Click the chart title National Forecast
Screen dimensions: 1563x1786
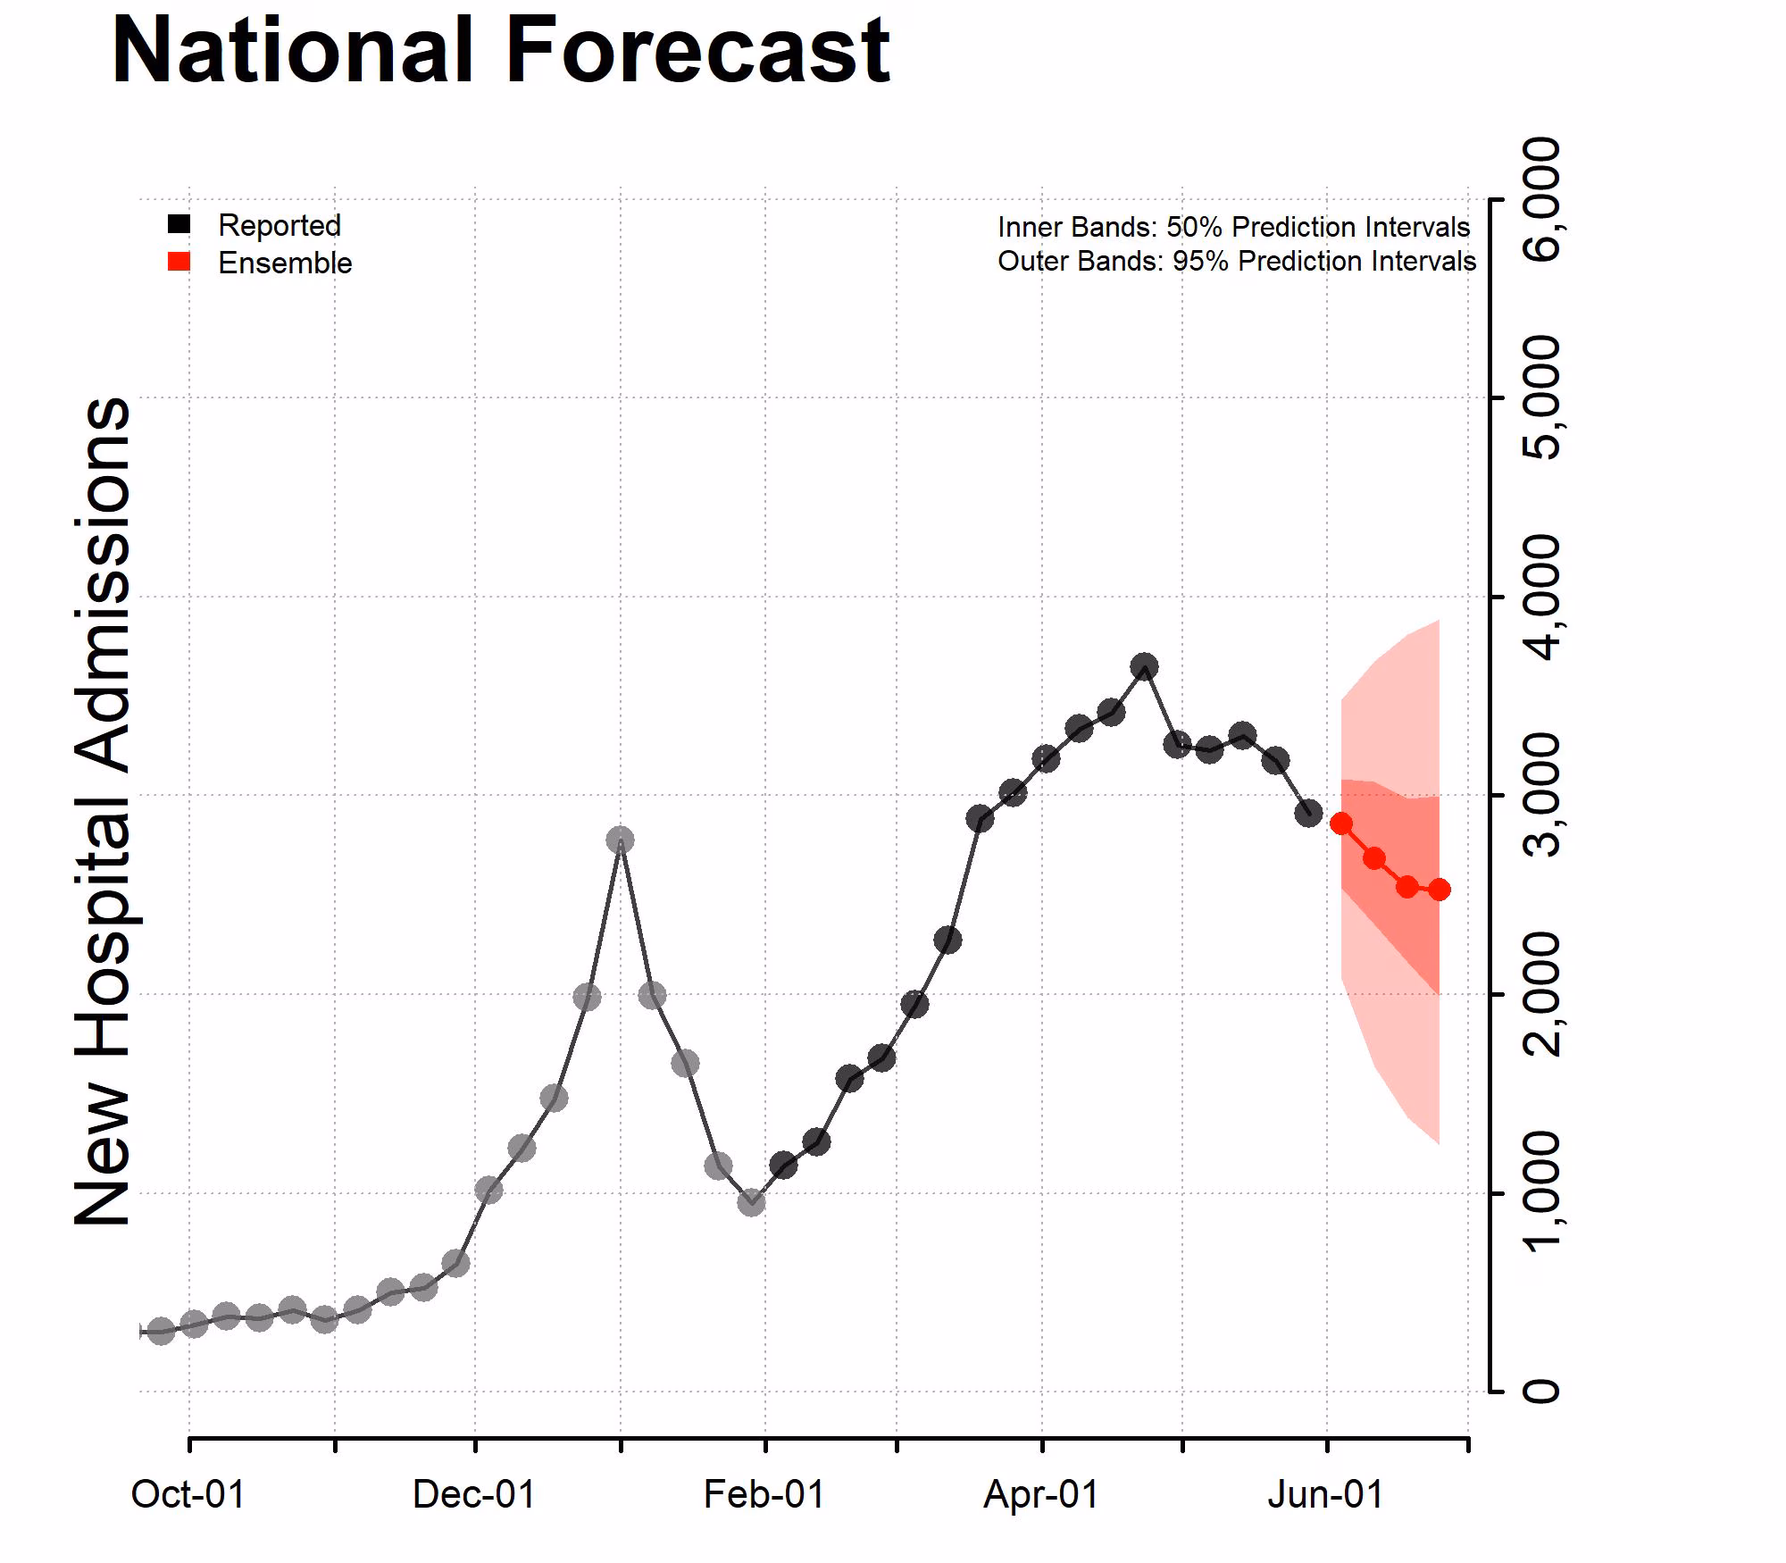coord(500,52)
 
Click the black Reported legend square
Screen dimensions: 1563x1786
coord(179,224)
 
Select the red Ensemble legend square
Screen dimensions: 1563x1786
coord(179,262)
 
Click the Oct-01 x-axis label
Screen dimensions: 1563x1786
coord(188,1494)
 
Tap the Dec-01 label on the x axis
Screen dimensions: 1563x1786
coord(473,1494)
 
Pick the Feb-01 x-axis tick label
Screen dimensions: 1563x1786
coord(764,1494)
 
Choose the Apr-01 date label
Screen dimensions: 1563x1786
coord(1041,1494)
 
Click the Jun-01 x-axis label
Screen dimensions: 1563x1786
coord(1325,1494)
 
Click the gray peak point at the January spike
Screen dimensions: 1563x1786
coord(620,840)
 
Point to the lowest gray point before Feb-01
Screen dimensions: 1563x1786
coord(751,1202)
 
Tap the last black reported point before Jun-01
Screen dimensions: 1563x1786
coord(1308,813)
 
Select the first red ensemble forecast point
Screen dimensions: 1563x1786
coord(1340,823)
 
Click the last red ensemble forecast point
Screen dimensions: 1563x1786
coord(1439,890)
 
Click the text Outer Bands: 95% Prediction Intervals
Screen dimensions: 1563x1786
coord(1236,262)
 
